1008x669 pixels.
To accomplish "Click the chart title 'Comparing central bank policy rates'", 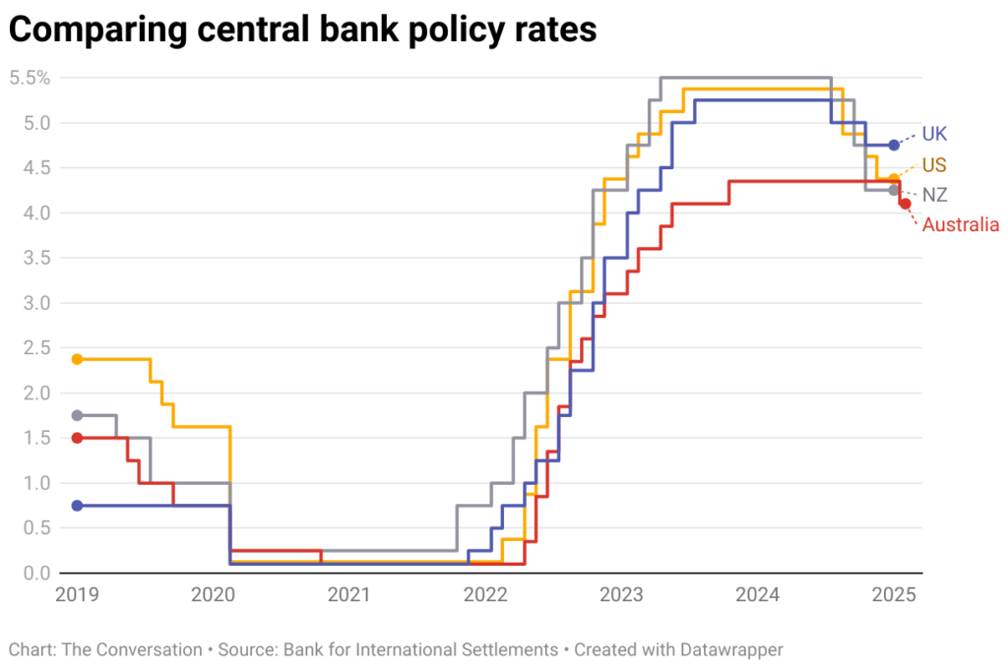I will coord(302,30).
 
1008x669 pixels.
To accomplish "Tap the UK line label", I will coord(934,134).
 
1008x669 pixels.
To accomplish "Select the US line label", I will coord(934,163).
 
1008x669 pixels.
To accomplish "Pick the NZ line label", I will coord(934,195).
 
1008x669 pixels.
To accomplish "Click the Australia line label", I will coord(960,225).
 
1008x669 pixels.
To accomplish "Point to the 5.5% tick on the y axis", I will coord(30,78).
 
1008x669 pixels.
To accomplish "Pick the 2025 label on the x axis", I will coord(895,594).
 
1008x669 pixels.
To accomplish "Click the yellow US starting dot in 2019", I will coord(77,359).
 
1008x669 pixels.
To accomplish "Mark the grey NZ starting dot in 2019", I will coord(77,415).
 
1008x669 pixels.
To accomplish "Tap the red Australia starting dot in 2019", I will coord(77,438).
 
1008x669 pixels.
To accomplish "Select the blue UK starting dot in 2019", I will coord(77,505).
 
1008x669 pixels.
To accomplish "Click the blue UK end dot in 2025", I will coord(894,145).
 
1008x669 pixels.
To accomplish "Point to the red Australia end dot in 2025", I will coord(905,204).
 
